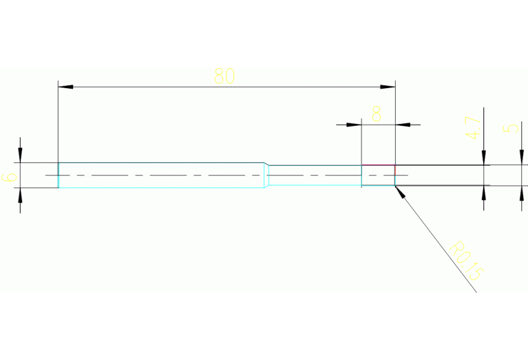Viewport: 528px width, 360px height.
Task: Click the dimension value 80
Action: tap(224, 76)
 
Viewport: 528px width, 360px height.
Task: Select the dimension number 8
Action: tap(377, 114)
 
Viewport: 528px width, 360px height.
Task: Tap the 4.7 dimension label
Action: tap(472, 127)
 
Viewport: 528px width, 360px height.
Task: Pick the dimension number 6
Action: tap(10, 176)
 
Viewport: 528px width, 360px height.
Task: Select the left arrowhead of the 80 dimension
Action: tap(64, 87)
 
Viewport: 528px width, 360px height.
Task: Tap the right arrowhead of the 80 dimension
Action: tap(390, 87)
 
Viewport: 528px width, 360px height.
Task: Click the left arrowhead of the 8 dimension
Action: tap(356, 125)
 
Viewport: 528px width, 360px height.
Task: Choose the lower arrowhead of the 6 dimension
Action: tap(20, 194)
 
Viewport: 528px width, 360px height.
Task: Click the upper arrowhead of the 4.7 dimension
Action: tap(484, 159)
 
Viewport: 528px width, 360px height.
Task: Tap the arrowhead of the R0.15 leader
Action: tap(400, 190)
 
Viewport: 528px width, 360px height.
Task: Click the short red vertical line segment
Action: tap(395, 169)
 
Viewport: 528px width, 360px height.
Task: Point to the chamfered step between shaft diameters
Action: tap(266, 176)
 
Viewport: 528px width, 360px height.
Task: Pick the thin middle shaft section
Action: tap(314, 176)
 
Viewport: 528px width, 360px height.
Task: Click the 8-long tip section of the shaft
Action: tap(378, 176)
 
